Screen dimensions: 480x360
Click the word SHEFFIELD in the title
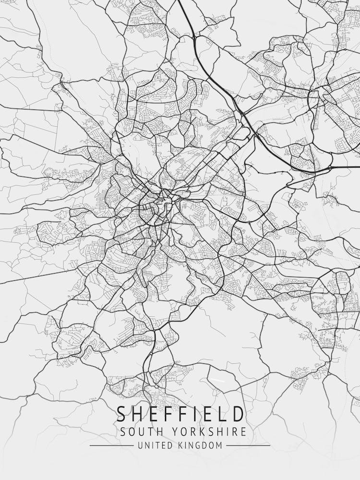click(x=180, y=414)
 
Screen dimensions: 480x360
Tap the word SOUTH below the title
click(x=140, y=431)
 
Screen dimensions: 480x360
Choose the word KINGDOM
click(x=201, y=445)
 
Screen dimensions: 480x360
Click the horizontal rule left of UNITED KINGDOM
click(x=111, y=445)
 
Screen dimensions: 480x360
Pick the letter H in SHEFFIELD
click(x=140, y=414)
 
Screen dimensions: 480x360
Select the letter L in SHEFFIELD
click(x=221, y=414)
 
